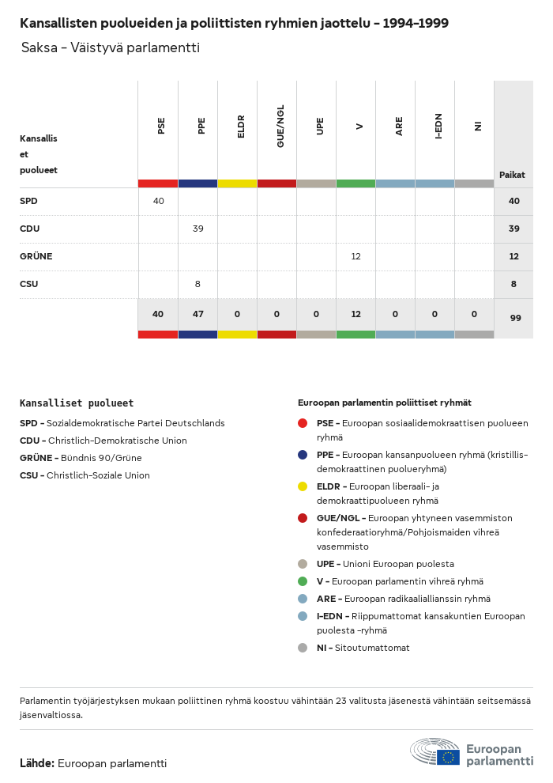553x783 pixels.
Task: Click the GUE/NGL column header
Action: (280, 127)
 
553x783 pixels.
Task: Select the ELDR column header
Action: (241, 127)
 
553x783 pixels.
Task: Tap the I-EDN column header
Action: (438, 127)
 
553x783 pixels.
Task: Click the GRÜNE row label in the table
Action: (36, 256)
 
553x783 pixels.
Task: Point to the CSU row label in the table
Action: (29, 284)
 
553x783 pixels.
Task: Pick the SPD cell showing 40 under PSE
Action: (159, 201)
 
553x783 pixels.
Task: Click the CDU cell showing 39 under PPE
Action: (198, 229)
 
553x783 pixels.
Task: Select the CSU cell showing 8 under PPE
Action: (197, 284)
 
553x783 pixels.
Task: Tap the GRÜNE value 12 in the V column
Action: (355, 256)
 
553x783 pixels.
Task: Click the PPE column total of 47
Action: (198, 314)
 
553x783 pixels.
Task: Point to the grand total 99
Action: (516, 318)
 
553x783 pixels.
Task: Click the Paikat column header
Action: (512, 175)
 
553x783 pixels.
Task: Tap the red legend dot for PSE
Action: (303, 423)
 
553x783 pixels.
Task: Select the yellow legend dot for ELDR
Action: (303, 486)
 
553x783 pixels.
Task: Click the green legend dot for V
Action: (303, 581)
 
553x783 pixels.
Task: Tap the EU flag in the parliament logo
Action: (448, 757)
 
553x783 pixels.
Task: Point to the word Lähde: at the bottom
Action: (37, 763)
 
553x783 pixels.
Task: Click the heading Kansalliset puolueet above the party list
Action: (77, 403)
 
